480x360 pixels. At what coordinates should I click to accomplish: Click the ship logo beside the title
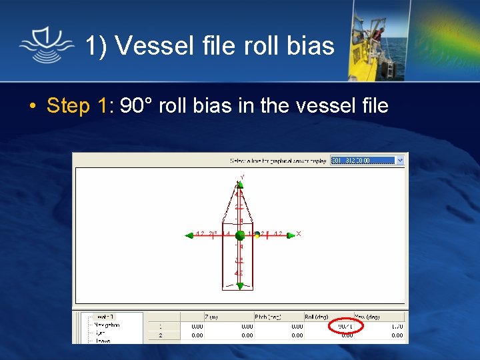[x=46, y=45]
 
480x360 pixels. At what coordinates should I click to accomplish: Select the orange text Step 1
[x=77, y=105]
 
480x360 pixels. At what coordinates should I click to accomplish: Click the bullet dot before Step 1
[x=31, y=106]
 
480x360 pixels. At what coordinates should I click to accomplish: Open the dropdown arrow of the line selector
[x=400, y=161]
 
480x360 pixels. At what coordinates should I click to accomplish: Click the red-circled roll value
[x=346, y=326]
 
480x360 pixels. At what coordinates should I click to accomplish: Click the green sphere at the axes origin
[x=239, y=235]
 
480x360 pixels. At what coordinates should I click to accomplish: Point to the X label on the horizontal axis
[x=299, y=233]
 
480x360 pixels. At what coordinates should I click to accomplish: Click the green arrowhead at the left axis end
[x=188, y=235]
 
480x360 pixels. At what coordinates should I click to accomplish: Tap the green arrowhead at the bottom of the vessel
[x=239, y=286]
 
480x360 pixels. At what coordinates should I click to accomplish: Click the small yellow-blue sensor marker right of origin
[x=257, y=235]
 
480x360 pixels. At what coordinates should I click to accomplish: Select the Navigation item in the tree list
[x=106, y=325]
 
